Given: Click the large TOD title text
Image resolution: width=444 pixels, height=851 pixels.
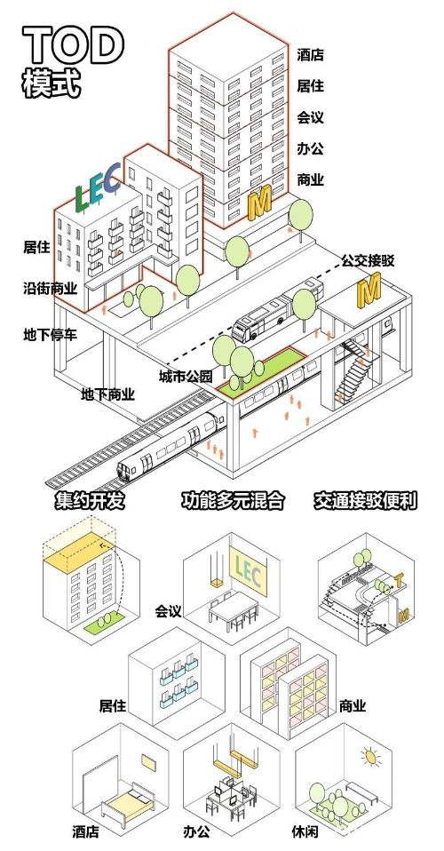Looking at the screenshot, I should (x=73, y=44).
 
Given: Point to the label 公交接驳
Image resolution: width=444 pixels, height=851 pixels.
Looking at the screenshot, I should (x=368, y=261).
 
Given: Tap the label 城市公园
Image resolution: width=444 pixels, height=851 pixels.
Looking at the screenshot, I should (x=186, y=377).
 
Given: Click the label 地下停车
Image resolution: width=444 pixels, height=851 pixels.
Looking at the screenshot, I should (x=50, y=335).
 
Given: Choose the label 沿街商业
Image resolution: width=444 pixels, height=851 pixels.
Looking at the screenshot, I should (x=50, y=289).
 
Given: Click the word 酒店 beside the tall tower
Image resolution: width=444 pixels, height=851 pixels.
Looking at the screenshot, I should (x=310, y=55).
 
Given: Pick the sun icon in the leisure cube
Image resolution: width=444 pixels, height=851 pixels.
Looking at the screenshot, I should (x=368, y=757).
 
